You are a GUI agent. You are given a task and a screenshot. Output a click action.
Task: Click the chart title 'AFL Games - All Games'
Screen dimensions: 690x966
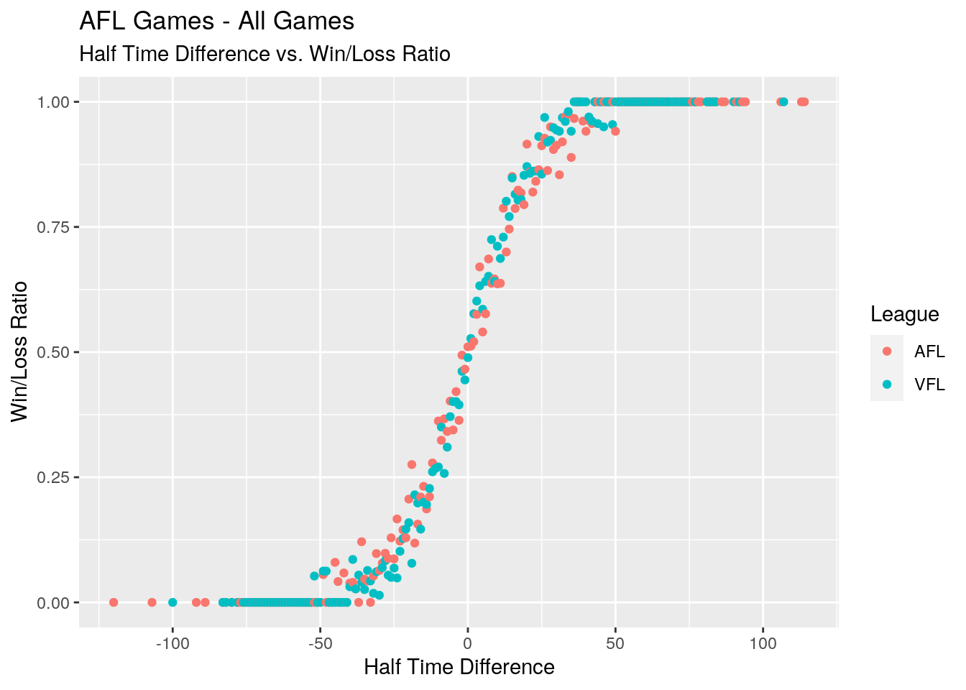[216, 22]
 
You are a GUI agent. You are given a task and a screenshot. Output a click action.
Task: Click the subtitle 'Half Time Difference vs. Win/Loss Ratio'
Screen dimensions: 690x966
[264, 54]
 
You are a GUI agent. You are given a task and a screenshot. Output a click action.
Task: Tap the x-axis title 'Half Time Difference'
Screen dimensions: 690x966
[459, 668]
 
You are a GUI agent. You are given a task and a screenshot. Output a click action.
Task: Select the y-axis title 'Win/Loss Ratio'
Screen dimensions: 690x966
[19, 351]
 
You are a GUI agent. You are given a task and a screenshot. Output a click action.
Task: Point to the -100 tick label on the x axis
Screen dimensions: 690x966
[172, 643]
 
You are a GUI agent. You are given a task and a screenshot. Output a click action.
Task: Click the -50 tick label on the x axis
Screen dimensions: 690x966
[320, 643]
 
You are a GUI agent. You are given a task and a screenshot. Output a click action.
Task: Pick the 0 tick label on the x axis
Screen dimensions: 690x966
[468, 643]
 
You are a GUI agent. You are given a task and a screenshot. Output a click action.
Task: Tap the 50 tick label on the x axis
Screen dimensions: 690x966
[615, 643]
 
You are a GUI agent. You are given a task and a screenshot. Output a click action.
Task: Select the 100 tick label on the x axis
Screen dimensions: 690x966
[763, 643]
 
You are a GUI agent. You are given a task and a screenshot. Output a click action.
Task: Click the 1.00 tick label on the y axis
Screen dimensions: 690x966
[55, 102]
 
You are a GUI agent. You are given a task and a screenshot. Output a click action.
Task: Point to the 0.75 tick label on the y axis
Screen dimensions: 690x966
[55, 227]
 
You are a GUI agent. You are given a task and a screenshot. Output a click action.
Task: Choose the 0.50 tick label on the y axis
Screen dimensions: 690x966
[55, 352]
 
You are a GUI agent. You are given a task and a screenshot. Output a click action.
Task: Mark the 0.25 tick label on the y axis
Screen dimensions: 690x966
[55, 477]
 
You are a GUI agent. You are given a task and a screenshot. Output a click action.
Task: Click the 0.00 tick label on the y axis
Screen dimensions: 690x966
[55, 602]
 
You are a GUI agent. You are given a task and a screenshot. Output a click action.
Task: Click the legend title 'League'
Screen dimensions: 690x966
[904, 314]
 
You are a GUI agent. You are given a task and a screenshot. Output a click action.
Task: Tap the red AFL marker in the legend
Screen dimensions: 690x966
[887, 351]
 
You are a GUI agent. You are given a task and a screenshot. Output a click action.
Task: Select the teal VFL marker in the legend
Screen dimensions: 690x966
[887, 385]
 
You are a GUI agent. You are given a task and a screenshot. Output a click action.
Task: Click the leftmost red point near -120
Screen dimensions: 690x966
[114, 602]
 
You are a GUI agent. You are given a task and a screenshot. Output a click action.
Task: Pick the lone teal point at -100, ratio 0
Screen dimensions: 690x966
[172, 602]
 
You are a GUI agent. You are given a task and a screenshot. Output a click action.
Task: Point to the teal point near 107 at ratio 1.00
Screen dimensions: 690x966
[783, 102]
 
